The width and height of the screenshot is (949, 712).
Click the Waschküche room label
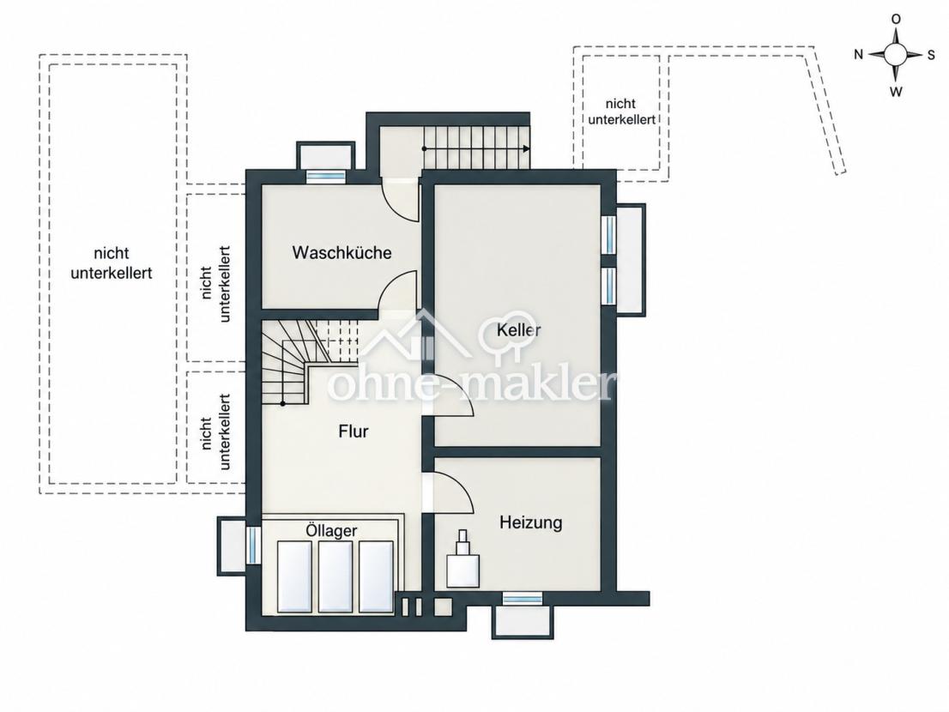tap(342, 252)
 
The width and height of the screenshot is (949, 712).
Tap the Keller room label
tap(518, 330)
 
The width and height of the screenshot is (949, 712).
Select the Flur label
tap(354, 431)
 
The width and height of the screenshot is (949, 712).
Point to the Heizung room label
tap(531, 522)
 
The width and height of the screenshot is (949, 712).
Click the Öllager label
tap(331, 530)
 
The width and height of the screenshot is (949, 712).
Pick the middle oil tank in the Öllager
tap(335, 576)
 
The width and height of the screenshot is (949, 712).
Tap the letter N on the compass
tap(858, 54)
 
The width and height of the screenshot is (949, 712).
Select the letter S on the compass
tap(931, 55)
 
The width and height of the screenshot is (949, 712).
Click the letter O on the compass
tap(896, 20)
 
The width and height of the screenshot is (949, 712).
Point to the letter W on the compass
tap(896, 91)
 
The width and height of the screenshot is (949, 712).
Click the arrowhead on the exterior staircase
tap(527, 148)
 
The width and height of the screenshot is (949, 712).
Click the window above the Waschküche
tap(325, 176)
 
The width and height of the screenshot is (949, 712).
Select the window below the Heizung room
tap(523, 599)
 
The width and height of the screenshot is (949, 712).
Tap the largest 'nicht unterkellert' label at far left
tap(112, 263)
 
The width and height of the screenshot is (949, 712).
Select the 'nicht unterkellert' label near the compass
tap(621, 112)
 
